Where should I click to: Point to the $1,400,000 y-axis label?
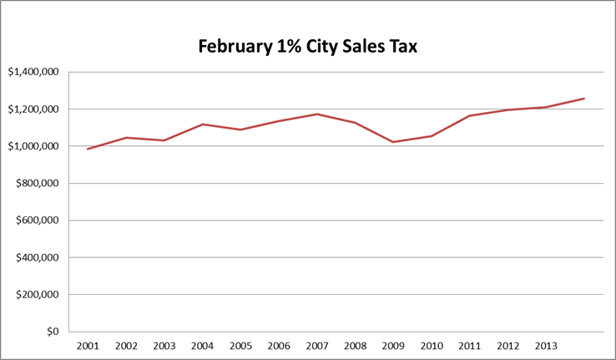[33, 73]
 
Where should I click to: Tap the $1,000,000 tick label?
[33, 147]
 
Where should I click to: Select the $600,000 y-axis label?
[37, 221]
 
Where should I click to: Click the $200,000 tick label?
[37, 295]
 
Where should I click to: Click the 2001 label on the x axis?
[88, 346]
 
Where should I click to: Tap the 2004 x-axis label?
[202, 346]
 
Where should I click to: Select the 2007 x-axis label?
[317, 346]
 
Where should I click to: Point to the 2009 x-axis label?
[393, 346]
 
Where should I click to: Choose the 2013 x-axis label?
[546, 346]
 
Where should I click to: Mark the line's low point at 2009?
[393, 142]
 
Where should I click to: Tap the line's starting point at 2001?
[88, 149]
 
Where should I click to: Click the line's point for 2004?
[202, 124]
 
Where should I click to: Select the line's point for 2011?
[470, 116]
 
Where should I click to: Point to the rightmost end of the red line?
[584, 99]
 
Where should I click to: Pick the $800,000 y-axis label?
[37, 184]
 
